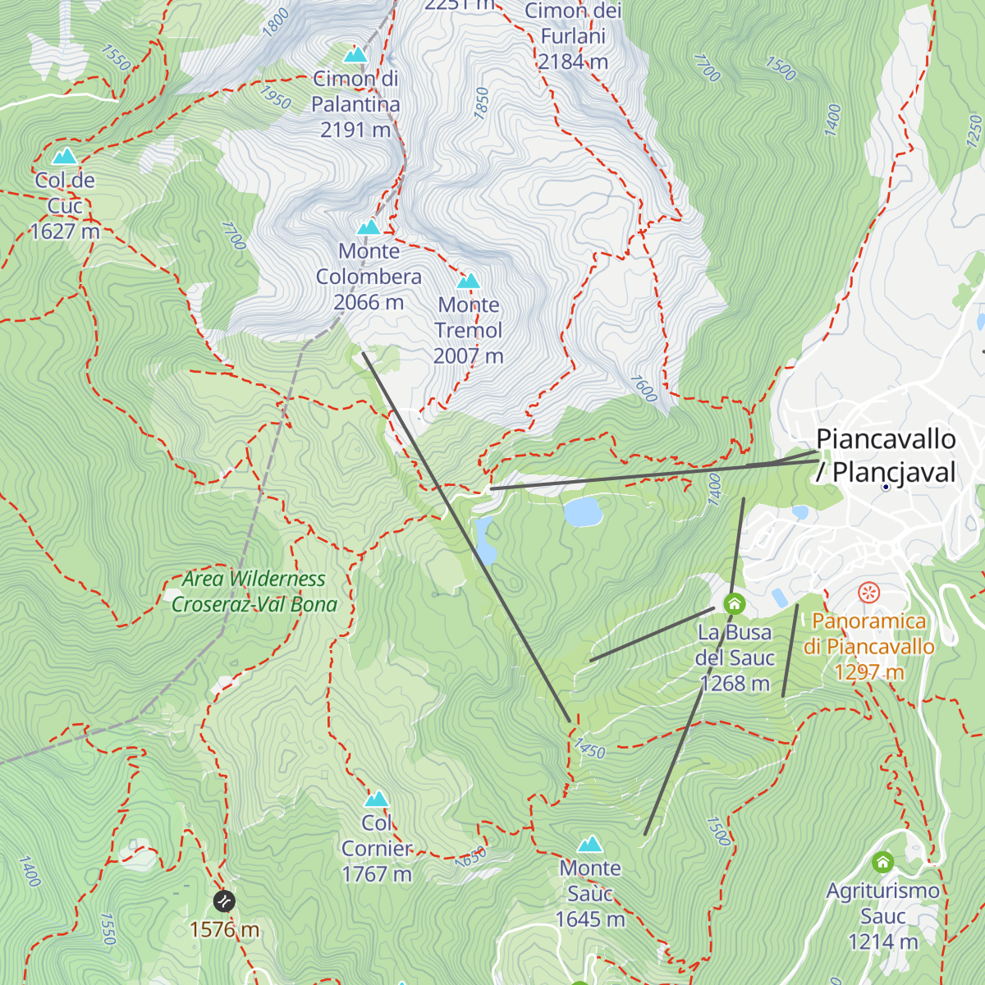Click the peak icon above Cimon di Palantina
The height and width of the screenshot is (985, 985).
(355, 55)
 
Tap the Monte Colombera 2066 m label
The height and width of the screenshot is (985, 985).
(369, 277)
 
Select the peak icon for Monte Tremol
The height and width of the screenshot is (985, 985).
(468, 282)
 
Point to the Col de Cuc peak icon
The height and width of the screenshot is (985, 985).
(64, 157)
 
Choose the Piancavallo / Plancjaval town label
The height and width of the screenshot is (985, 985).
(886, 456)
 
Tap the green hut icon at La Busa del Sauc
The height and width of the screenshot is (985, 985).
(734, 604)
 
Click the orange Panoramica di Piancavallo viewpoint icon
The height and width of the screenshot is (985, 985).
(868, 592)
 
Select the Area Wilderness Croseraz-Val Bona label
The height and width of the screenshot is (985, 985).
(254, 591)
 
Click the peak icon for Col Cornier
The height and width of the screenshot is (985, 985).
(376, 799)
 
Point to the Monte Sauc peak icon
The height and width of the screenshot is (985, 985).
(589, 845)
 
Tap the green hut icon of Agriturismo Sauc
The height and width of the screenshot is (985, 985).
(882, 862)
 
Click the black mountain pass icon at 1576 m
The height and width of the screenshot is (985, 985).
(224, 901)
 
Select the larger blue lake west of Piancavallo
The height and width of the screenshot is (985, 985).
(583, 511)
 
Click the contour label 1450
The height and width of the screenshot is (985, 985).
(589, 748)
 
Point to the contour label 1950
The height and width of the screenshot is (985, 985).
(275, 98)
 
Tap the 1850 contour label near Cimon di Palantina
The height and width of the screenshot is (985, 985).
(482, 103)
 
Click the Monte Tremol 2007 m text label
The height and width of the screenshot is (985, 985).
(468, 330)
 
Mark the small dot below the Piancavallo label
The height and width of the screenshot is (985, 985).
(886, 487)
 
